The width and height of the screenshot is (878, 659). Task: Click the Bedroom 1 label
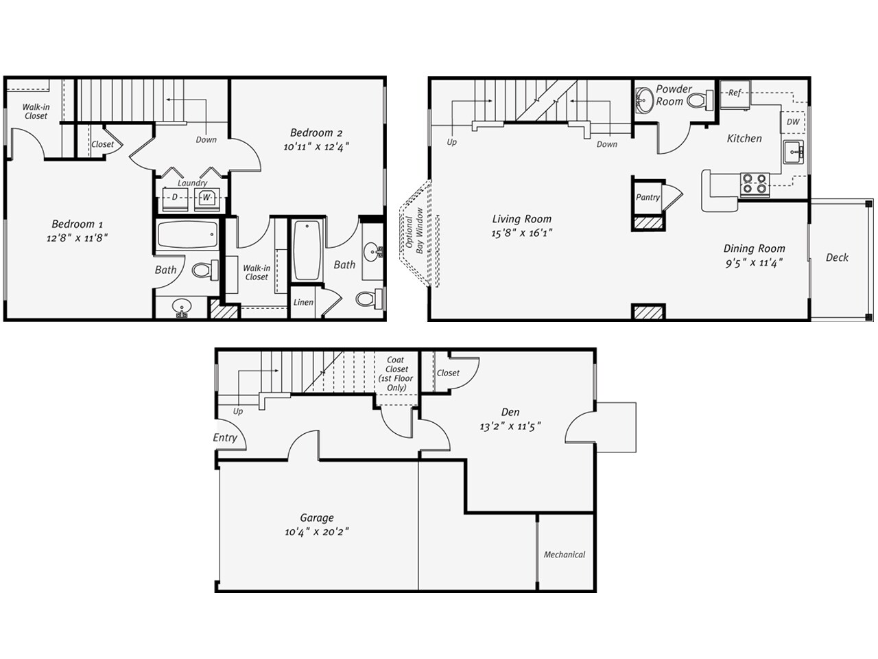pyautogui.click(x=73, y=224)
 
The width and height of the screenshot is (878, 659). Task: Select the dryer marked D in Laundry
pyautogui.click(x=174, y=198)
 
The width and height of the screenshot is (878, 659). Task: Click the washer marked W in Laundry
pyautogui.click(x=206, y=198)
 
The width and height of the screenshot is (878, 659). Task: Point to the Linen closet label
pyautogui.click(x=303, y=302)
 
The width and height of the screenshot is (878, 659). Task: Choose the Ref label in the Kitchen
pyautogui.click(x=735, y=93)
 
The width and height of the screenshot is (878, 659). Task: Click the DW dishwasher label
pyautogui.click(x=793, y=122)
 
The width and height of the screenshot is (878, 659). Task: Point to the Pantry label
pyautogui.click(x=647, y=197)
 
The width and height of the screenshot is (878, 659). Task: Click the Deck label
pyautogui.click(x=837, y=257)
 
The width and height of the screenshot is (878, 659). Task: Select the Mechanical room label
pyautogui.click(x=565, y=555)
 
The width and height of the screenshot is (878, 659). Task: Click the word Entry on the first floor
pyautogui.click(x=225, y=437)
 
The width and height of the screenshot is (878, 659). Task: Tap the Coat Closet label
pyautogui.click(x=396, y=373)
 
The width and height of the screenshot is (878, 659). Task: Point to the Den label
pyautogui.click(x=510, y=412)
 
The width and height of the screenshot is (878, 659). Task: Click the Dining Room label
pyautogui.click(x=754, y=248)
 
